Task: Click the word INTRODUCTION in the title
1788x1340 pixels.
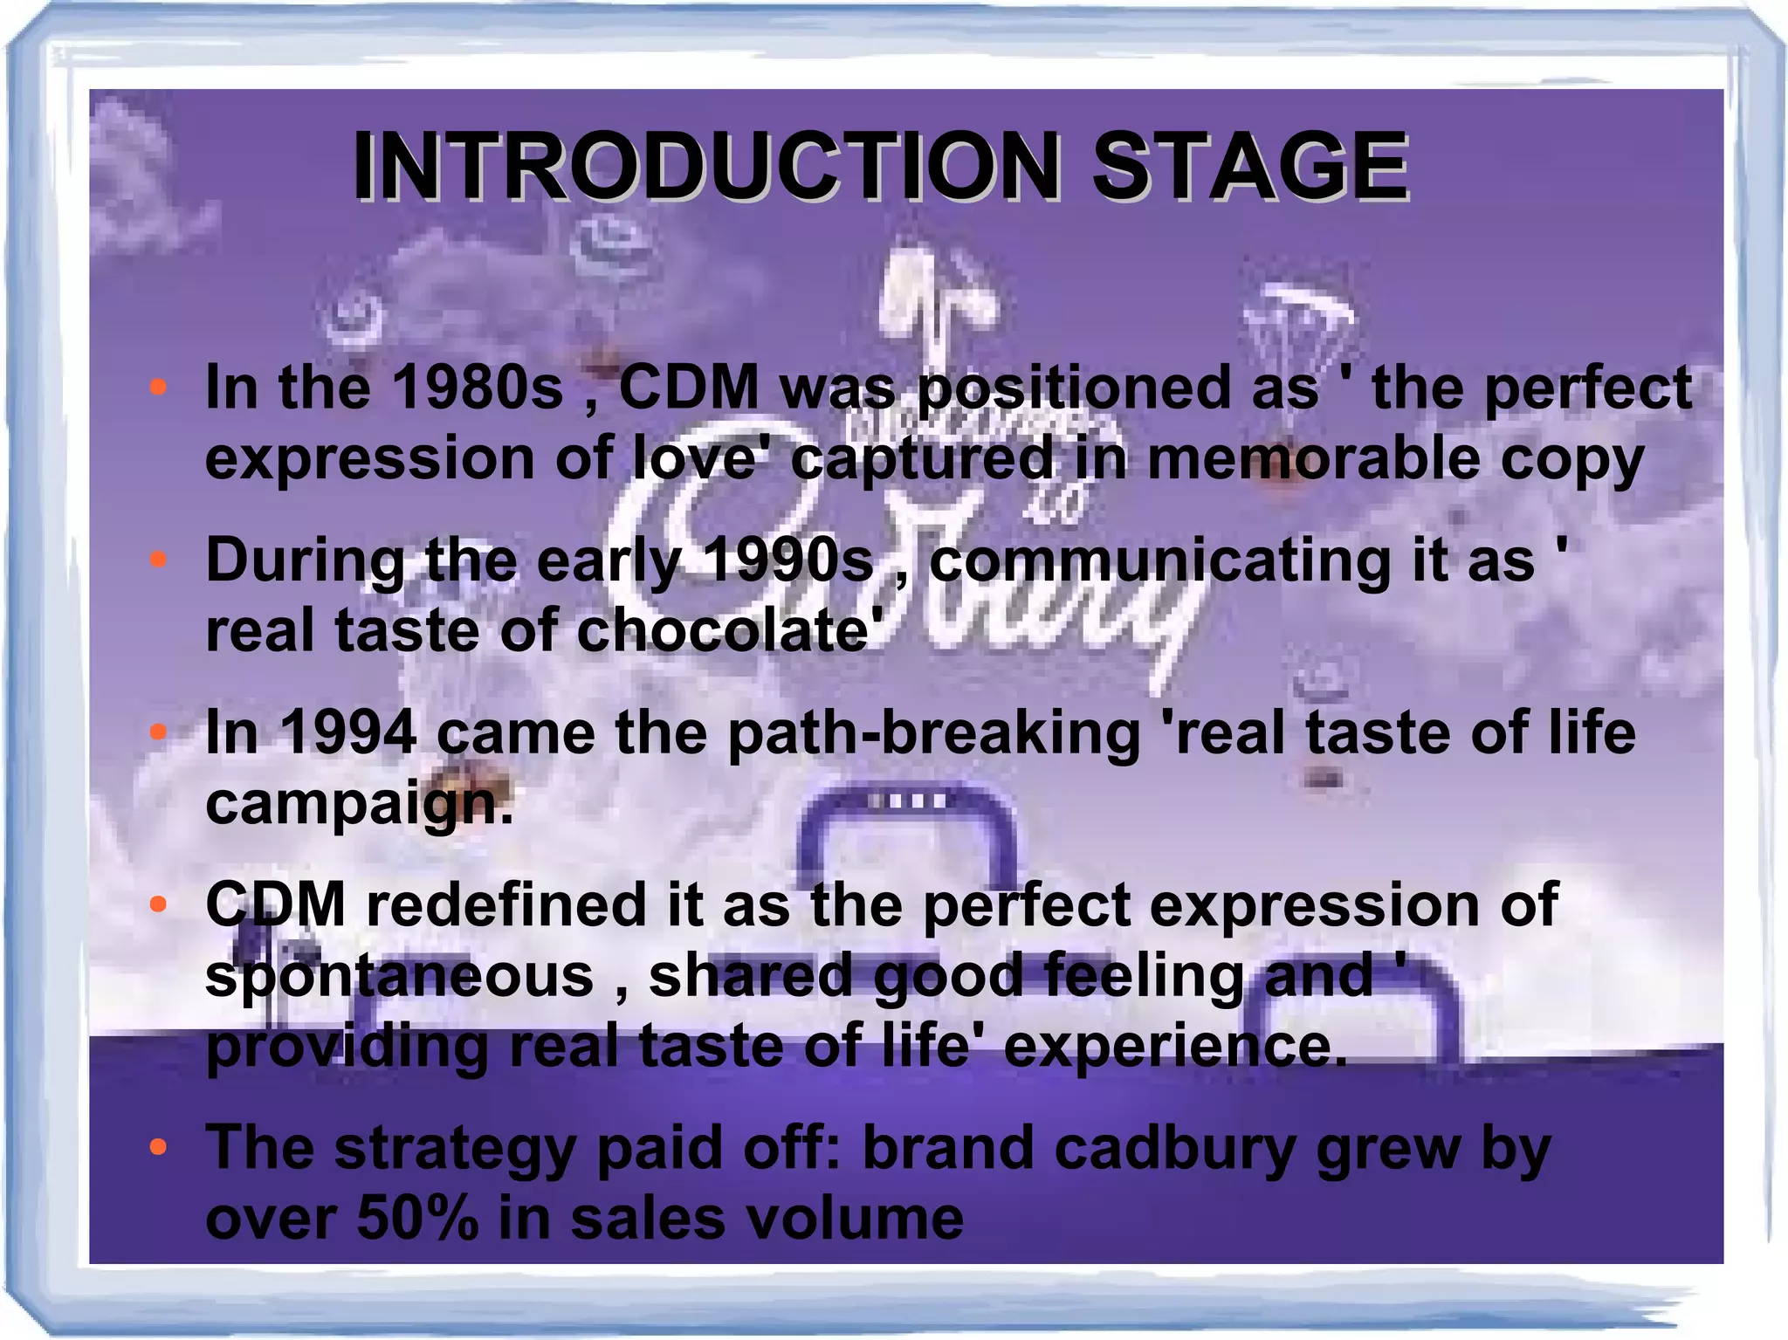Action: click(705, 166)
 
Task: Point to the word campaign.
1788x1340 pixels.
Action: click(359, 805)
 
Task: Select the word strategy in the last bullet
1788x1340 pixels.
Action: click(454, 1149)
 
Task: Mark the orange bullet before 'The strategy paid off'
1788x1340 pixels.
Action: click(158, 1147)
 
